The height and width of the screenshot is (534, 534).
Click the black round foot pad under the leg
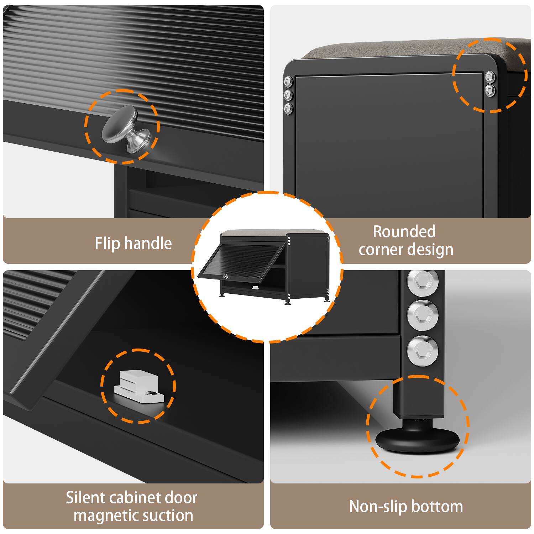[x=417, y=440]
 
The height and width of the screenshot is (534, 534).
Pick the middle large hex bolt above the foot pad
[x=423, y=315]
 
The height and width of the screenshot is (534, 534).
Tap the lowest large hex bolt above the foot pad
[x=423, y=350]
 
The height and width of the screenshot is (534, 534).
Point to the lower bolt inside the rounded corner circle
[x=490, y=90]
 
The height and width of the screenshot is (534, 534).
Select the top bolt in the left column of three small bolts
[x=288, y=82]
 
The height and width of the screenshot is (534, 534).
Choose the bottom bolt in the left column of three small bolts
[x=288, y=108]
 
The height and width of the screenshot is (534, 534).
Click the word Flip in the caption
[x=108, y=244]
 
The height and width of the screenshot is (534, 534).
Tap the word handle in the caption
[x=148, y=244]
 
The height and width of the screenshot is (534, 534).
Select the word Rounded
[x=404, y=232]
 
